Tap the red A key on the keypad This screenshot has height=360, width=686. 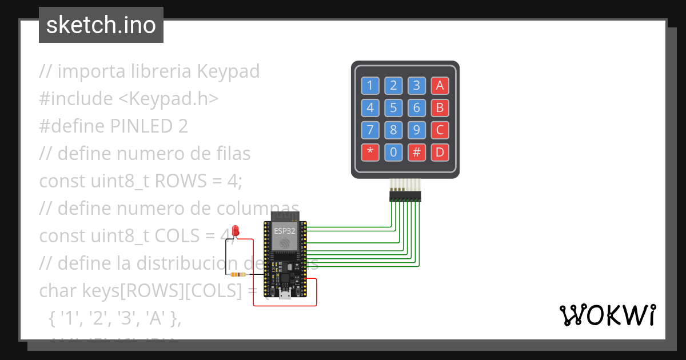440,86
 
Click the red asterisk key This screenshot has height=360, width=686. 370,153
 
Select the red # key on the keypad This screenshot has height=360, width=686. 416,153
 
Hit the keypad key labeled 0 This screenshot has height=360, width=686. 393,153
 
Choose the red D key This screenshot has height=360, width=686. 440,153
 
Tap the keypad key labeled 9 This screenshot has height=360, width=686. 416,130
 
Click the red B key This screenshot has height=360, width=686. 440,108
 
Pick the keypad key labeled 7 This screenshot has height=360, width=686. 370,130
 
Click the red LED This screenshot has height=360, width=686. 236,231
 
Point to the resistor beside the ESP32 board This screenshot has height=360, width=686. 237,275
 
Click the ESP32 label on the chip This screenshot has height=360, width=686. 284,231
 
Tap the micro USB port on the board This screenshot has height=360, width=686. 284,295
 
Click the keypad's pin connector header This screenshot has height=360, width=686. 405,197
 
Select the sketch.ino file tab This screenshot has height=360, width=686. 101,25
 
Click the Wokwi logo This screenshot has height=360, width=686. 607,315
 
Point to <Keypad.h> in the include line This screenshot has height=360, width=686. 169,98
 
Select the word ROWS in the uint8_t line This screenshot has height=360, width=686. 177,181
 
